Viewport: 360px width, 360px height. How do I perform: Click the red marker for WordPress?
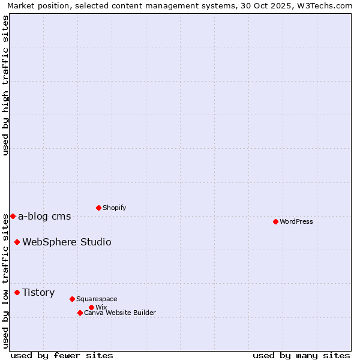275,221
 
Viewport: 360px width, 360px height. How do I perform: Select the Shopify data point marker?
98,208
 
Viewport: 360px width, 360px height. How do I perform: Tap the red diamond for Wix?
91,307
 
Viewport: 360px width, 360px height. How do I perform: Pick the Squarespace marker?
72,299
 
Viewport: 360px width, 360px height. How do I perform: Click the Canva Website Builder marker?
80,313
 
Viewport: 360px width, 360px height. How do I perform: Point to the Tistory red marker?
17,292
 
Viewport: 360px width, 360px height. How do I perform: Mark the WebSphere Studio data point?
17,242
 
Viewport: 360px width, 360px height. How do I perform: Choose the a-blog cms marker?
13,216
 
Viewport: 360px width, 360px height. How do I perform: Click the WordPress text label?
296,221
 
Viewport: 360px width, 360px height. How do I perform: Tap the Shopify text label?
115,208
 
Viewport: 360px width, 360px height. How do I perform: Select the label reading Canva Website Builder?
120,313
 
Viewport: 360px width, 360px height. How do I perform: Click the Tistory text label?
38,292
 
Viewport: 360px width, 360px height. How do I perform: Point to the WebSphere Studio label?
67,242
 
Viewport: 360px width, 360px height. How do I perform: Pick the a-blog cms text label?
44,216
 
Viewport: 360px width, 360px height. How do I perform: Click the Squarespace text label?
97,299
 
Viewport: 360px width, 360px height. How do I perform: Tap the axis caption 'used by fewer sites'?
62,355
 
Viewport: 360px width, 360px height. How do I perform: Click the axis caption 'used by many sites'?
301,355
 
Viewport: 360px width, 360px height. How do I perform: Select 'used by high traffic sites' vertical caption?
5,85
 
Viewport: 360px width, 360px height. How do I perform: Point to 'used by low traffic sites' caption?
5,281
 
